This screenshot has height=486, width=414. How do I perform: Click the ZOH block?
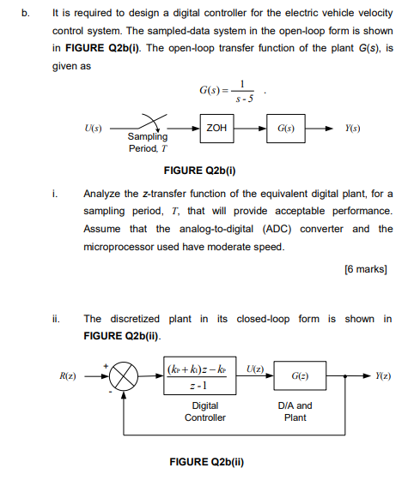coord(216,127)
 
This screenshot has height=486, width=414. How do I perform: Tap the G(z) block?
coord(295,376)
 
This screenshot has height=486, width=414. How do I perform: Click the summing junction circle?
coord(125,376)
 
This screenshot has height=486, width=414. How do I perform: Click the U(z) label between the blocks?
coord(255,368)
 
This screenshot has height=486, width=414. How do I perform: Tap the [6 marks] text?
coord(367,269)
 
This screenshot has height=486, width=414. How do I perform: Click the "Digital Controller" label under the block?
coord(205,411)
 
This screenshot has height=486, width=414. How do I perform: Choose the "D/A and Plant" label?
coord(295,411)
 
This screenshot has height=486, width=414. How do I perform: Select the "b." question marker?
coord(25,13)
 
